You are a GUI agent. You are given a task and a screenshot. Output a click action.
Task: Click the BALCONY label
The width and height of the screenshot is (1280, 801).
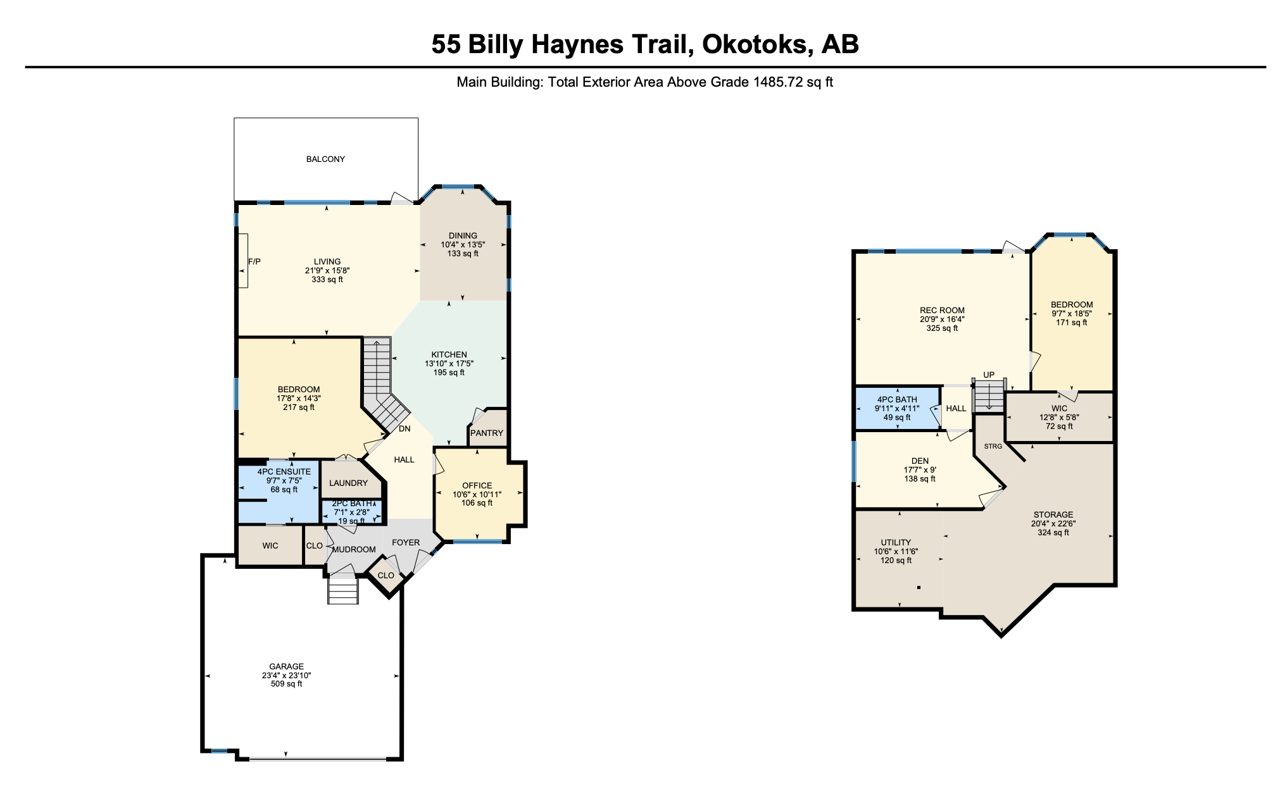click(x=325, y=159)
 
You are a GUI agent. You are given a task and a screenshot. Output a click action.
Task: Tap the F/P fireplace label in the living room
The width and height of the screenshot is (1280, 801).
click(x=254, y=262)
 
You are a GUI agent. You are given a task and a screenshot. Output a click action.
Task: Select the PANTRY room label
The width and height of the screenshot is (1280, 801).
click(x=487, y=433)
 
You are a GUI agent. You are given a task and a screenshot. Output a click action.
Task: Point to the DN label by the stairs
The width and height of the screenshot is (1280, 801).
click(x=405, y=429)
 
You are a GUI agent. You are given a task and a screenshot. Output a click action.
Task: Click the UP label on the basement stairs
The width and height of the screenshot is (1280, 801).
click(x=989, y=375)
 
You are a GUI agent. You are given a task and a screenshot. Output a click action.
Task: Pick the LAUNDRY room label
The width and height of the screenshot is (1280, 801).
click(x=348, y=483)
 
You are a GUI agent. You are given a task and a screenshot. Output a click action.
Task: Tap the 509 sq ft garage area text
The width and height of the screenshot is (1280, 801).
click(x=287, y=684)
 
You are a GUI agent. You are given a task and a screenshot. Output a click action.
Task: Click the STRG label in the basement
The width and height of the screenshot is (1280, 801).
click(x=993, y=447)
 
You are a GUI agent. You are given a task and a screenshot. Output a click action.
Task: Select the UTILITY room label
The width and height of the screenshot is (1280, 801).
click(x=896, y=543)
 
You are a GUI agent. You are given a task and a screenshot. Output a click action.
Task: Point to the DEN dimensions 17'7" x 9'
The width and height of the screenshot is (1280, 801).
click(x=920, y=470)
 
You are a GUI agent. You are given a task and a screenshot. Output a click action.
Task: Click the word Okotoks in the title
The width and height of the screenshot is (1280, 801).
click(x=754, y=44)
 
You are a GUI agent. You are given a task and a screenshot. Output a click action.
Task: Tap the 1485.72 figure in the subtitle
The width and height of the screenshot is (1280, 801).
click(x=777, y=82)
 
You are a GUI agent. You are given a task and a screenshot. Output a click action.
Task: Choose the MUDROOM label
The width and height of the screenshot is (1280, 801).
click(x=354, y=550)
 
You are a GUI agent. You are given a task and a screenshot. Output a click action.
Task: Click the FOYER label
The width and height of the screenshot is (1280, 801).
click(x=406, y=543)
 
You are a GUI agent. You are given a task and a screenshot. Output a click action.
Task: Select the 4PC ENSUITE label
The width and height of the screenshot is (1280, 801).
click(x=284, y=472)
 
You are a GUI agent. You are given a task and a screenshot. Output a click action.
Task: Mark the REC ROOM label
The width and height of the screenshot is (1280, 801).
click(x=942, y=311)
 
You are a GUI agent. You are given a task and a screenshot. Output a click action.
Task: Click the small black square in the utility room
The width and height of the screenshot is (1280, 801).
click(x=919, y=588)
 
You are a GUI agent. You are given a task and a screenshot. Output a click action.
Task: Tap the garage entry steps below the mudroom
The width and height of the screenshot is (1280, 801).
click(x=343, y=591)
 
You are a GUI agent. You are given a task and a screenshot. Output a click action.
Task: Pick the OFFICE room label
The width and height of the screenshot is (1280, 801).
click(x=477, y=486)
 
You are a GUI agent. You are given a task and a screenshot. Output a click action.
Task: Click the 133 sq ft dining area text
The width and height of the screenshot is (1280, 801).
click(x=463, y=254)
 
